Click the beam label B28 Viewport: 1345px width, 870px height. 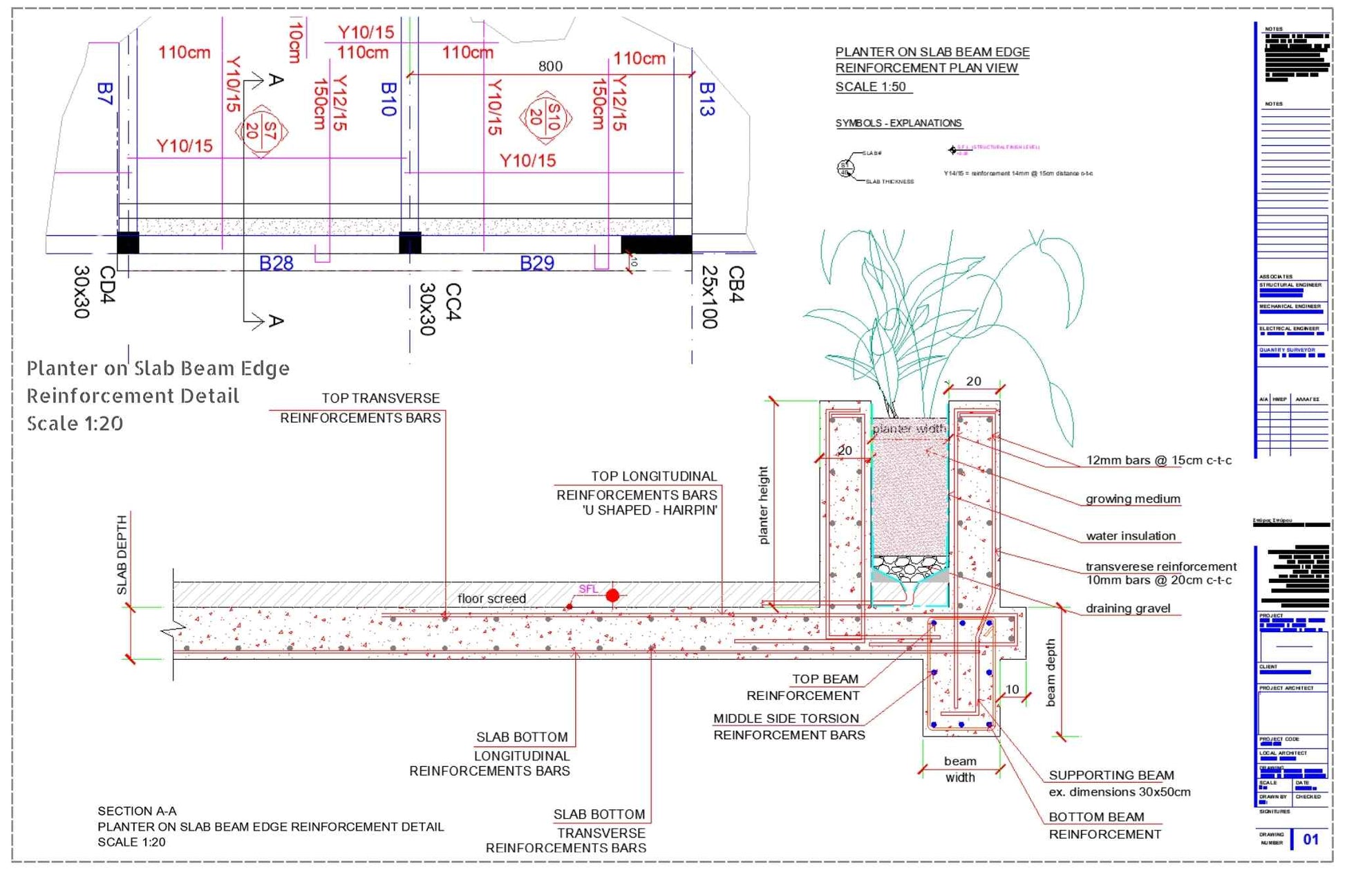pyautogui.click(x=276, y=263)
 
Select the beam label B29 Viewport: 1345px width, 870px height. pyautogui.click(x=536, y=263)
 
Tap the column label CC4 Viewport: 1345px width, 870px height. pyautogui.click(x=453, y=302)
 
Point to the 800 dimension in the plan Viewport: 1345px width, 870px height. pyautogui.click(x=550, y=66)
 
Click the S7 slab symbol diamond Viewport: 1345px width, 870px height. pyautogui.click(x=261, y=131)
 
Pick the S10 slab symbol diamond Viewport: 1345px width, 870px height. pyautogui.click(x=545, y=118)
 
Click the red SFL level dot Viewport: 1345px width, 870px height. pyautogui.click(x=612, y=595)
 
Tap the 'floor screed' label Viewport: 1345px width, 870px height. pyautogui.click(x=491, y=599)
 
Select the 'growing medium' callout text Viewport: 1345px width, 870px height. pyautogui.click(x=1132, y=499)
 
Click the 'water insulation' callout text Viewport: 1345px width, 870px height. pyautogui.click(x=1130, y=536)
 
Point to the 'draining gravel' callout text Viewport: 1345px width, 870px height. pyautogui.click(x=1127, y=609)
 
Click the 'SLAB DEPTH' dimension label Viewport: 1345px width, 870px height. pyautogui.click(x=122, y=555)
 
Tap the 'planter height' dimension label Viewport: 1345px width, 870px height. pyautogui.click(x=764, y=505)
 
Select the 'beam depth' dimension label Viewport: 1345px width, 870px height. pyautogui.click(x=1051, y=672)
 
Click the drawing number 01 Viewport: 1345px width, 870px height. pyautogui.click(x=1310, y=840)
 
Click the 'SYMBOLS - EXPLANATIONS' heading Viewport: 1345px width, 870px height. pyautogui.click(x=898, y=123)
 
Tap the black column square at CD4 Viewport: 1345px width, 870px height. pyautogui.click(x=128, y=243)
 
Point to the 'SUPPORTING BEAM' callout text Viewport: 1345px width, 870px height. pyautogui.click(x=1111, y=775)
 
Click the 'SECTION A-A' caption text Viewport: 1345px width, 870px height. pyautogui.click(x=137, y=811)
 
